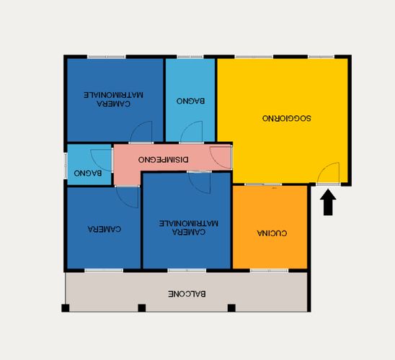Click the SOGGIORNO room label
[x=286, y=118]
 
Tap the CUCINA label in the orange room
[x=272, y=233]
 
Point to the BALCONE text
[x=187, y=294]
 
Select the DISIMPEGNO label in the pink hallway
[x=163, y=160]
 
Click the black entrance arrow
[x=328, y=202]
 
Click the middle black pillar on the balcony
[x=142, y=308]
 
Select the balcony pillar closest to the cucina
[x=231, y=308]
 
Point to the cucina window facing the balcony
[x=269, y=271]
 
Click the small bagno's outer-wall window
[x=66, y=166]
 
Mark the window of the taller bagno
[x=190, y=57]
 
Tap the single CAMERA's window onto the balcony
[x=104, y=271]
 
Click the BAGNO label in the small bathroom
[x=88, y=173]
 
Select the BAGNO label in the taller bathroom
[x=190, y=101]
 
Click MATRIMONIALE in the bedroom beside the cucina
[x=189, y=223]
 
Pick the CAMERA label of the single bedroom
[x=105, y=229]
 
